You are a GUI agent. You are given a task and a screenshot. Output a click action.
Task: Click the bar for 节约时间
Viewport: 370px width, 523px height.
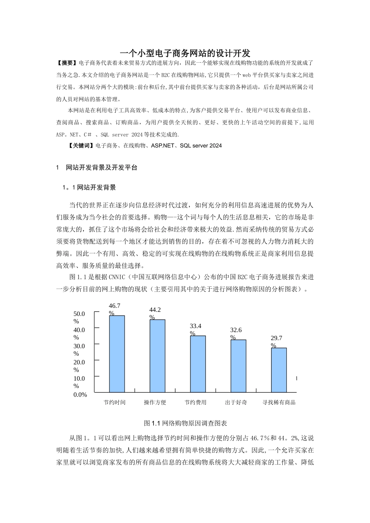117,354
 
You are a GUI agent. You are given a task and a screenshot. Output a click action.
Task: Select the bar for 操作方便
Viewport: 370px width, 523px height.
157,356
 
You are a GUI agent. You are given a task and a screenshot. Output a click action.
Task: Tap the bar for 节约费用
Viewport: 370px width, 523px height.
198,364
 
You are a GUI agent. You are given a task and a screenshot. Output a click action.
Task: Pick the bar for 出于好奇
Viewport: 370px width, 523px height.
238,366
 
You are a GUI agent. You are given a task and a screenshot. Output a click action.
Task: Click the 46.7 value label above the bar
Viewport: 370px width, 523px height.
115,306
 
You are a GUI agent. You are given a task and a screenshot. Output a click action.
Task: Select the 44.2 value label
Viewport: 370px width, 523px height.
155,310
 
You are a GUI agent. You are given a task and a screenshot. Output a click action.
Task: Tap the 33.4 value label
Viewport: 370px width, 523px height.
196,326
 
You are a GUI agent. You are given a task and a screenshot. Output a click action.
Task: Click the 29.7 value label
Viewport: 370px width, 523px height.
277,338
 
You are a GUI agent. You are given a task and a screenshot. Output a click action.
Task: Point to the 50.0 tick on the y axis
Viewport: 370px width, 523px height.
79,314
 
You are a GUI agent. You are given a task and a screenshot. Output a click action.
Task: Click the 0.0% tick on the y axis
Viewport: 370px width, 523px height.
80,395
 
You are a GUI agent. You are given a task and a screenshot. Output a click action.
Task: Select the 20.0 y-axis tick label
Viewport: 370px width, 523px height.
79,362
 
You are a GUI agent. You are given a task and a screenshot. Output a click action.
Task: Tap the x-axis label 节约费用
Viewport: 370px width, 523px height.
196,402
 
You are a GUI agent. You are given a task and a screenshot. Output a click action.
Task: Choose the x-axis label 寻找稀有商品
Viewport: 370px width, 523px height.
279,402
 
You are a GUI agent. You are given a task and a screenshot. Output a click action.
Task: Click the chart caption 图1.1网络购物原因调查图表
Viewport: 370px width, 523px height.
185,423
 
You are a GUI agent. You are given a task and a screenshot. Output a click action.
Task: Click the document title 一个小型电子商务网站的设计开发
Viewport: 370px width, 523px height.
185,53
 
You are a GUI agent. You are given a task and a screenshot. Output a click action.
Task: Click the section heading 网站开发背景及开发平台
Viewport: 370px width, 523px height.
102,168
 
